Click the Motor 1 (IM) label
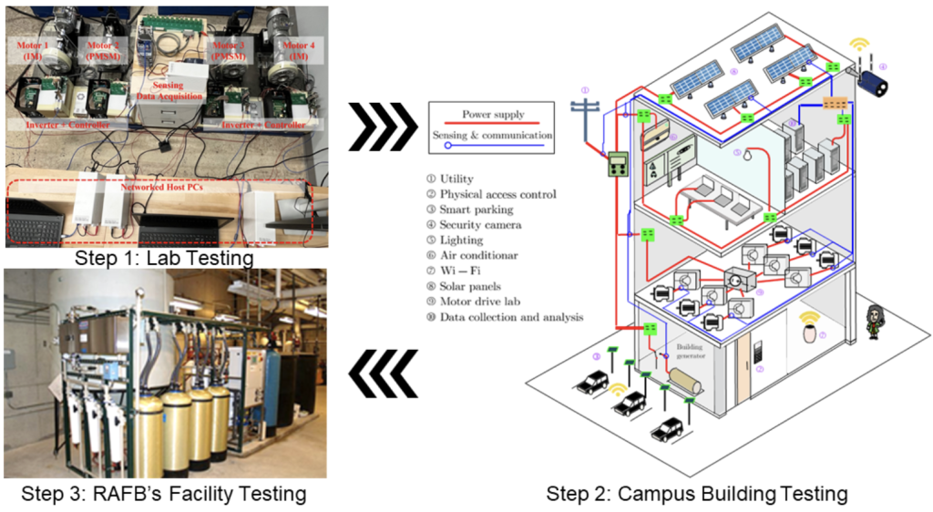click(36, 49)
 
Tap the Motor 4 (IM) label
click(276, 49)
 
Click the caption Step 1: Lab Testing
click(165, 259)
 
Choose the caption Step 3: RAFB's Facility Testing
click(165, 494)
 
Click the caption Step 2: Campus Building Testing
click(697, 494)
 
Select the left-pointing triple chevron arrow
click(381, 375)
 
